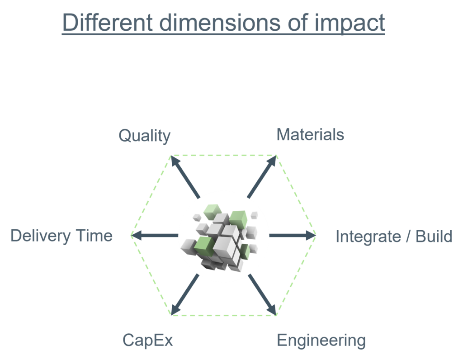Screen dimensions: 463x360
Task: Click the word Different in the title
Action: (108, 22)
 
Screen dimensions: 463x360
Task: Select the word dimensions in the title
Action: (220, 23)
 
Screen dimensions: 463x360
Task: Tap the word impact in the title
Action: (350, 24)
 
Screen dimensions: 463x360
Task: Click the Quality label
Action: (144, 136)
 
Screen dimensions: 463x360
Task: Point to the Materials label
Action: (310, 135)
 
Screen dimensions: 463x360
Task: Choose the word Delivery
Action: (40, 236)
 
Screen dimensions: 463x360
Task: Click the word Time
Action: (94, 236)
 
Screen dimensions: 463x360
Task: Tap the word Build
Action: (434, 236)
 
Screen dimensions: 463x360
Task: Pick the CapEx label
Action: (148, 341)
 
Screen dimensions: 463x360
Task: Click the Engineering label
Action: (321, 341)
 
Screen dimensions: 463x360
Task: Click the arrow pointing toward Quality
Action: (185, 177)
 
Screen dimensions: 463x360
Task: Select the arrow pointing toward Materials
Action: (262, 176)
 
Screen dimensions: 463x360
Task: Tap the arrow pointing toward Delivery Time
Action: (155, 235)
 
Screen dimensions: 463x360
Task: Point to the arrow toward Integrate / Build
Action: (293, 235)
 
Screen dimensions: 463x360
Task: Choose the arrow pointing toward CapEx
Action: (185, 294)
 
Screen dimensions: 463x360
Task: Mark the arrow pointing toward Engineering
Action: (262, 294)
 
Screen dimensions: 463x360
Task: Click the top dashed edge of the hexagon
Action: (223, 155)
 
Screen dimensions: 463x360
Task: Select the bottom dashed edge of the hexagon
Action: (223, 315)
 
